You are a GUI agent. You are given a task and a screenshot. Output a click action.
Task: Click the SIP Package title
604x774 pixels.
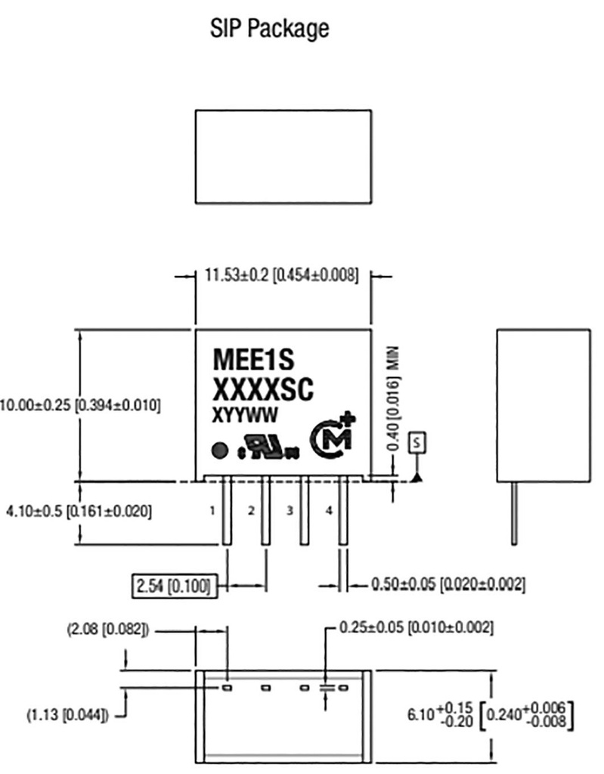coord(269,29)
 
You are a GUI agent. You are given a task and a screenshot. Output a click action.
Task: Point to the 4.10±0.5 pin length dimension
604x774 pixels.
coord(79,512)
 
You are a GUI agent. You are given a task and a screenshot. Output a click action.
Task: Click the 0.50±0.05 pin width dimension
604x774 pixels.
coord(448,585)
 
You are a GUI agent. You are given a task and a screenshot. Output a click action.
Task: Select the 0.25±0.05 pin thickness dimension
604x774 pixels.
coord(417,627)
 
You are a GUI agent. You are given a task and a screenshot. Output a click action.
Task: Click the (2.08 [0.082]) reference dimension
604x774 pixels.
coord(107,628)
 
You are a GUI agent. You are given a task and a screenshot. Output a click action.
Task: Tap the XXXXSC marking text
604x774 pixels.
coord(262,390)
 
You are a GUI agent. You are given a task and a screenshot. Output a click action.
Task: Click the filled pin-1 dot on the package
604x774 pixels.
coord(218,450)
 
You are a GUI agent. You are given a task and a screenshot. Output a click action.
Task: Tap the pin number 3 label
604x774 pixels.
coord(290,512)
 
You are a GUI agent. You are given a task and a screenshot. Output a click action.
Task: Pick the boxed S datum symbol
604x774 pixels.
coord(417,443)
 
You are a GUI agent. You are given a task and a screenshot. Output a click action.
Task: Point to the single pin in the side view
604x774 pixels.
coord(514,514)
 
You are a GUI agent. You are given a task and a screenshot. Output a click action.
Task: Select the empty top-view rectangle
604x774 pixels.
coord(283,156)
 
